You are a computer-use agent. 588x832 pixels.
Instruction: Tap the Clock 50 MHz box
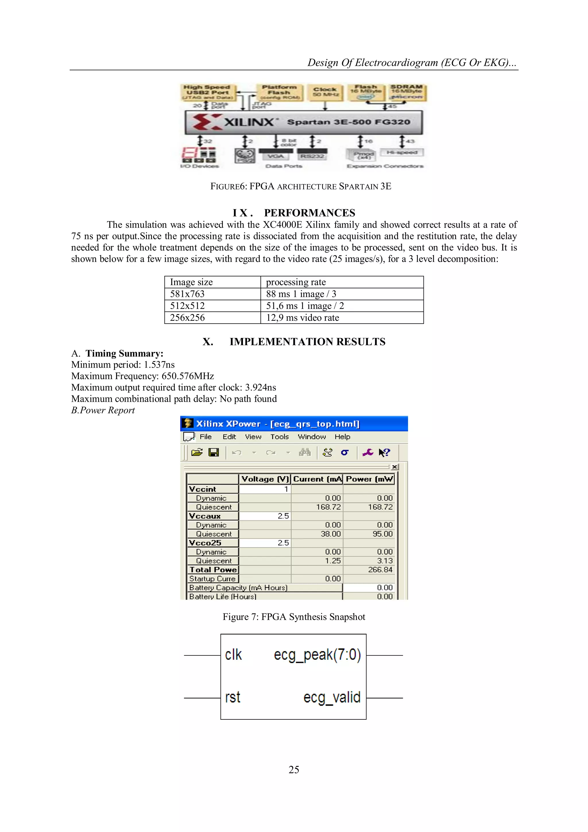click(325, 92)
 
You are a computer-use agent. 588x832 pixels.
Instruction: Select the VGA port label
click(276, 156)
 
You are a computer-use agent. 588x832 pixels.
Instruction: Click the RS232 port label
click(312, 156)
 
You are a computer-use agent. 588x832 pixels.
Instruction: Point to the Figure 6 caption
click(301, 186)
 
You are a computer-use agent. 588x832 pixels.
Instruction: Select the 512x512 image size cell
click(187, 306)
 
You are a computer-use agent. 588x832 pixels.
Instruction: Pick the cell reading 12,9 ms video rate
click(303, 318)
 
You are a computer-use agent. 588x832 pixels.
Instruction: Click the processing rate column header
click(296, 282)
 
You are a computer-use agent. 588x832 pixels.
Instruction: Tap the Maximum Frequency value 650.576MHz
click(188, 376)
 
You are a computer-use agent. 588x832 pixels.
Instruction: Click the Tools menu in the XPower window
click(279, 437)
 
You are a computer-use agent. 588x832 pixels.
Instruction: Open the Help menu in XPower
click(342, 437)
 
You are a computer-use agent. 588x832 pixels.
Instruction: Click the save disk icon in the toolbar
click(214, 452)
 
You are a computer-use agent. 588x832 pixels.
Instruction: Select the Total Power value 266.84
click(380, 570)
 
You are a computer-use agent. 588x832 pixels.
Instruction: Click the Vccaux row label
click(205, 516)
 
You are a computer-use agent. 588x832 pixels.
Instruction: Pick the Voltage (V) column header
click(265, 479)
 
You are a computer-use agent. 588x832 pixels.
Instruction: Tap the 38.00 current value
click(330, 534)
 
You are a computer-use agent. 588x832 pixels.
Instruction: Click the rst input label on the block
click(233, 697)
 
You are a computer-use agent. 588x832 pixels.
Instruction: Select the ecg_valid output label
click(332, 697)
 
